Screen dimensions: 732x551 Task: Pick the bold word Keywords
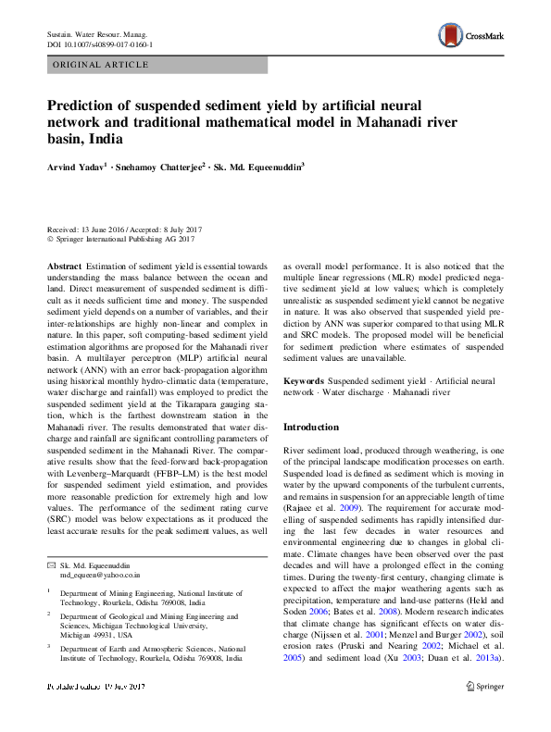[305, 380]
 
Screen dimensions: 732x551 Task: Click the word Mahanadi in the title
[372, 121]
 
